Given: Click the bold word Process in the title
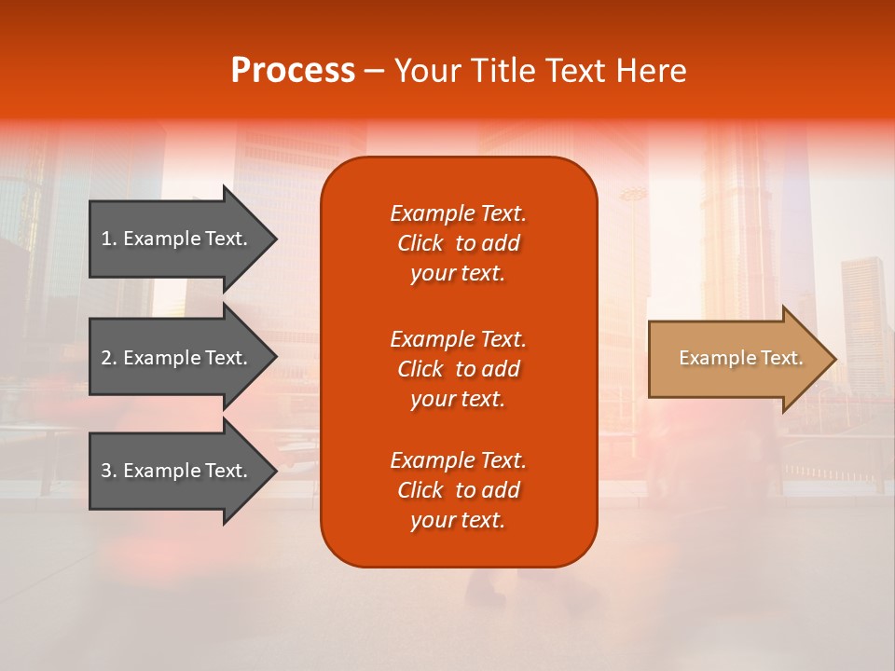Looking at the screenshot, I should [293, 71].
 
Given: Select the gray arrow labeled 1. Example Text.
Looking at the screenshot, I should [177, 239].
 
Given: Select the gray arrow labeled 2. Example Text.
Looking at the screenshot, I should [177, 358].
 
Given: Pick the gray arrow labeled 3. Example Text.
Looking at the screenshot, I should [177, 471].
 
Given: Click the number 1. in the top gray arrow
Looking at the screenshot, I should [109, 239].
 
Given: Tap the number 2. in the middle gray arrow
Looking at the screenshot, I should [109, 358].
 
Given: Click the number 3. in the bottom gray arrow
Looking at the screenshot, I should [109, 471].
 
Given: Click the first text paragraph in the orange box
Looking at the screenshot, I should [458, 243].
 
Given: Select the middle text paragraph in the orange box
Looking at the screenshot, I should [458, 369].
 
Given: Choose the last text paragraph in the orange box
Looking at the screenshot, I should [458, 490].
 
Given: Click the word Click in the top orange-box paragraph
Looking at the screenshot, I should [420, 243].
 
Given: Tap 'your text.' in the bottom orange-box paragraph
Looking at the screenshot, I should [458, 520].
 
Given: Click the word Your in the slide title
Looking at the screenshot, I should [425, 71].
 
